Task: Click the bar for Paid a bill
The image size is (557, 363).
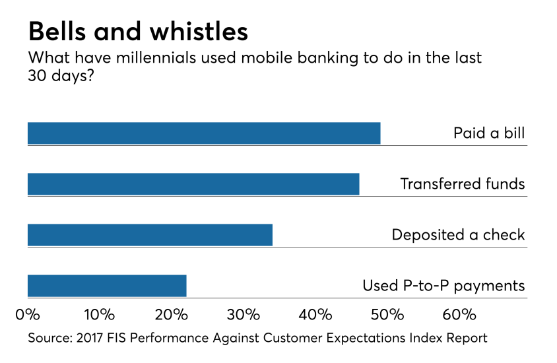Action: (204, 133)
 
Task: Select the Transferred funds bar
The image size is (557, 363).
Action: (193, 184)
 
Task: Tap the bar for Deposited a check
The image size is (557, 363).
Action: (150, 235)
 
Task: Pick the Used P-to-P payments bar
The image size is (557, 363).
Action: (107, 286)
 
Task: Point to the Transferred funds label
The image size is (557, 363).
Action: (462, 184)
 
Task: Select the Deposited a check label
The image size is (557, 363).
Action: (458, 235)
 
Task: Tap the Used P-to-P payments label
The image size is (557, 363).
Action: (443, 286)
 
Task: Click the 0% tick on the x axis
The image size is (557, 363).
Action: (28, 313)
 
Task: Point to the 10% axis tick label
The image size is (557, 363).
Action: (99, 313)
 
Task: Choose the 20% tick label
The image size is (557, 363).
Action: (172, 313)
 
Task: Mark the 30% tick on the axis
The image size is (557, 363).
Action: (244, 313)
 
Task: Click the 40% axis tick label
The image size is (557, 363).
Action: (315, 313)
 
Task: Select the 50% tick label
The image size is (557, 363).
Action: (387, 313)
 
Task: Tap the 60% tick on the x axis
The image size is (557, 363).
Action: (459, 313)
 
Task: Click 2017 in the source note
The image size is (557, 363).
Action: (90, 338)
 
